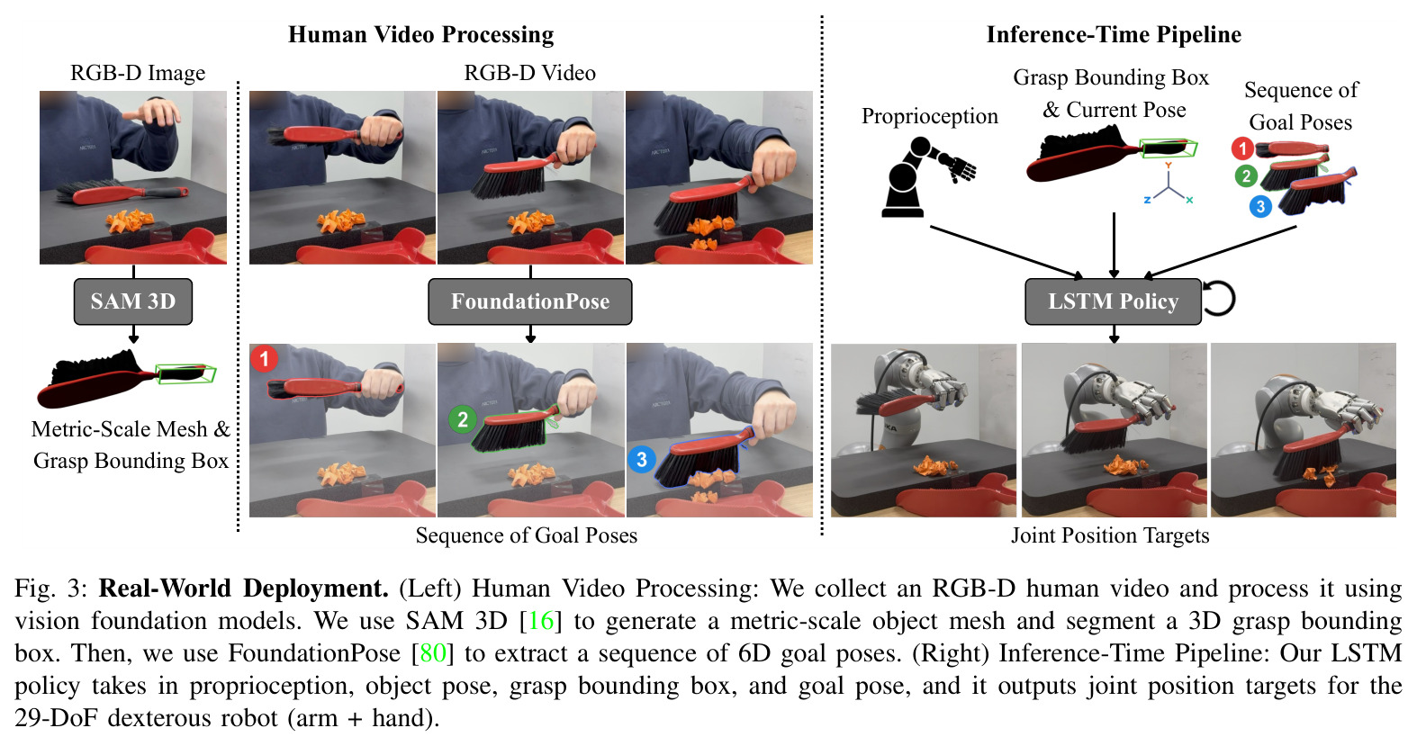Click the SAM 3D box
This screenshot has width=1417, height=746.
(x=133, y=301)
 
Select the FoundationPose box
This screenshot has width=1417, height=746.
(x=530, y=301)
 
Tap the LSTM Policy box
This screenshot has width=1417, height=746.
(x=1114, y=301)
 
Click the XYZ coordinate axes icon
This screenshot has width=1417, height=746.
(x=1169, y=184)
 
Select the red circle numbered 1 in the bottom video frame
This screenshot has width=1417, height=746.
(x=264, y=359)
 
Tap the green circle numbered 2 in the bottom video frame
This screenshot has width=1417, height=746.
(x=463, y=419)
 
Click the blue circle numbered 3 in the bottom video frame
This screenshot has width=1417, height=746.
(x=642, y=459)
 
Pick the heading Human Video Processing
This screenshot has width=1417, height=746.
(x=420, y=34)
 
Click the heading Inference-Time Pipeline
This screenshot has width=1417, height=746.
(x=1114, y=34)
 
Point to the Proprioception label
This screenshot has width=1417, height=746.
(x=930, y=116)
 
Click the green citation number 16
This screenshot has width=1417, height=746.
(x=541, y=621)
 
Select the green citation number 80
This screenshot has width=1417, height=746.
(x=433, y=653)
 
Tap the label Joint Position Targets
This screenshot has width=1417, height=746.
(x=1110, y=535)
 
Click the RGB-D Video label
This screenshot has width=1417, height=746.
(x=530, y=73)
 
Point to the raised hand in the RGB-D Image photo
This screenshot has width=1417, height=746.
(x=154, y=112)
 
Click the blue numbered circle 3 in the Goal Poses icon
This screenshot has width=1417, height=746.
(x=1260, y=207)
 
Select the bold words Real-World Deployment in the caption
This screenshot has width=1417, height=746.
(x=244, y=589)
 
